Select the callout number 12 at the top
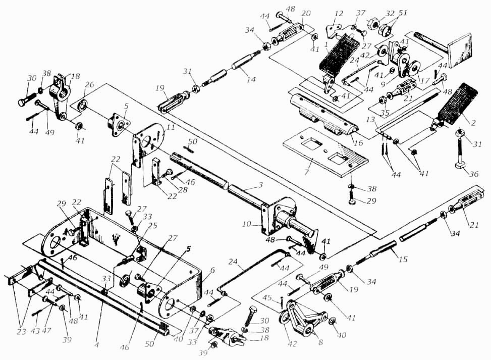tap(338, 14)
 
